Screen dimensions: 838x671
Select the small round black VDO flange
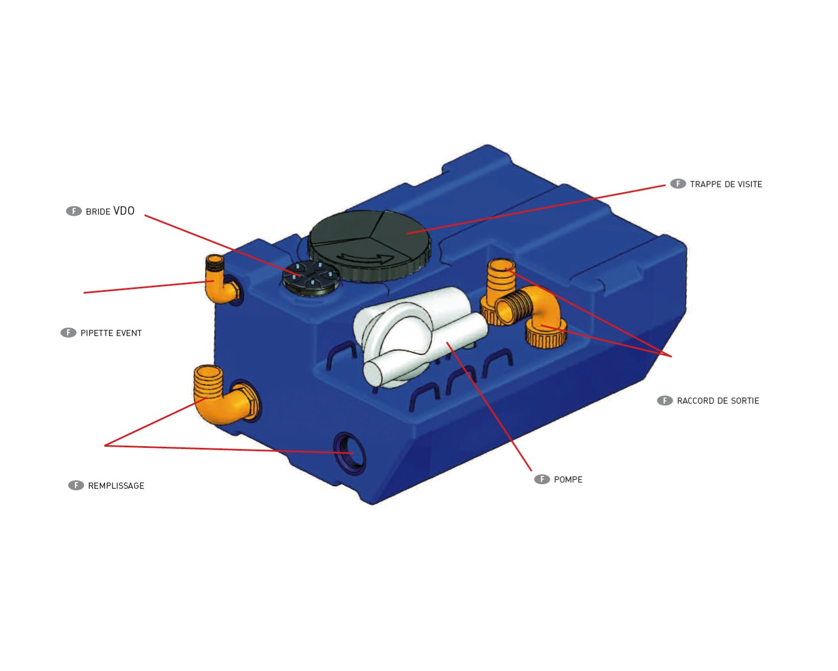click(x=311, y=278)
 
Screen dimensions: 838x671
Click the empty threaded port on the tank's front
click(x=349, y=453)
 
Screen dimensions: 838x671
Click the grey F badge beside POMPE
click(x=542, y=479)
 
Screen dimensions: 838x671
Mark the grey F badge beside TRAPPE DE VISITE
click(x=678, y=183)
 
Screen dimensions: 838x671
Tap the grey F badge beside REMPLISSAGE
click(x=76, y=485)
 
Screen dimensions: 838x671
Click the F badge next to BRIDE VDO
click(x=74, y=211)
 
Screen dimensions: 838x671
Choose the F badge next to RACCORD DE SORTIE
click(x=665, y=400)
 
